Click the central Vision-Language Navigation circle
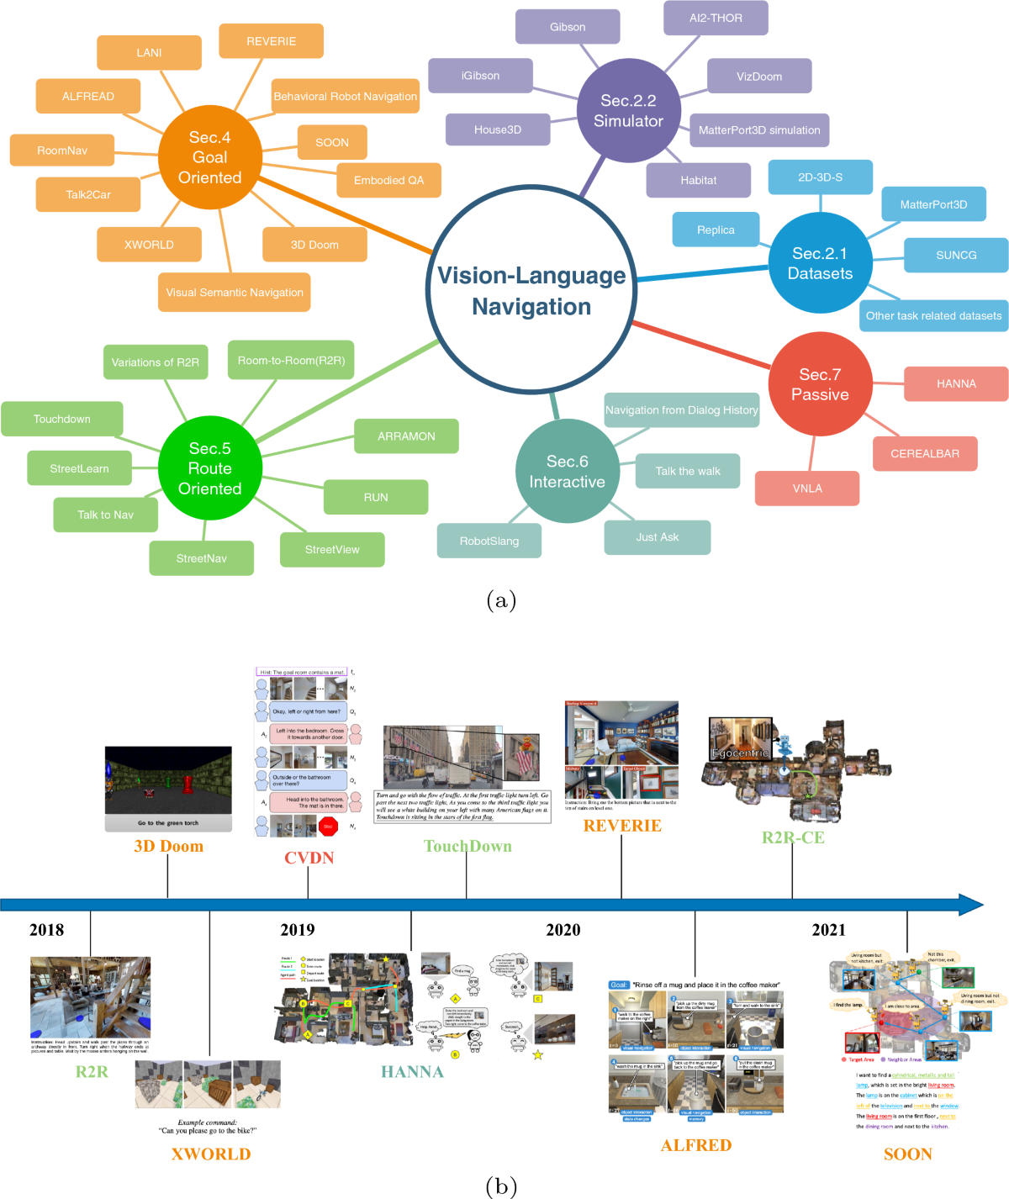pos(531,290)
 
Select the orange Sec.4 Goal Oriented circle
pos(209,157)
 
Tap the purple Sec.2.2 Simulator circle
pos(628,111)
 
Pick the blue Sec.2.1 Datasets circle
pos(820,263)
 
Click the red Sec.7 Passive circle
pos(820,384)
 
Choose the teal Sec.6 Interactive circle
pos(567,472)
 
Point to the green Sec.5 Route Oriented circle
pos(209,468)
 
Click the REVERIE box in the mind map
pos(271,41)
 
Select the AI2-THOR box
pos(716,18)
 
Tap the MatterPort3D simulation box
pos(758,130)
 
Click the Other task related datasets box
pos(933,316)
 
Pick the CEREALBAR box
pos(924,454)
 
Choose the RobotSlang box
pos(489,541)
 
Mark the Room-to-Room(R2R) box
pos(291,361)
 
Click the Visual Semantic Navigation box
pos(234,293)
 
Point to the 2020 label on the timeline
pos(563,930)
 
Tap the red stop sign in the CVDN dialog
pos(328,827)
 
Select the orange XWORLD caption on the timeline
pos(211,1154)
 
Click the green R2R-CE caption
pos(793,837)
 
